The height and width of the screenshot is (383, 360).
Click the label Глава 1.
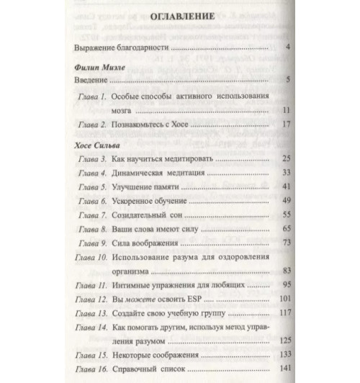[x=93, y=96]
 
